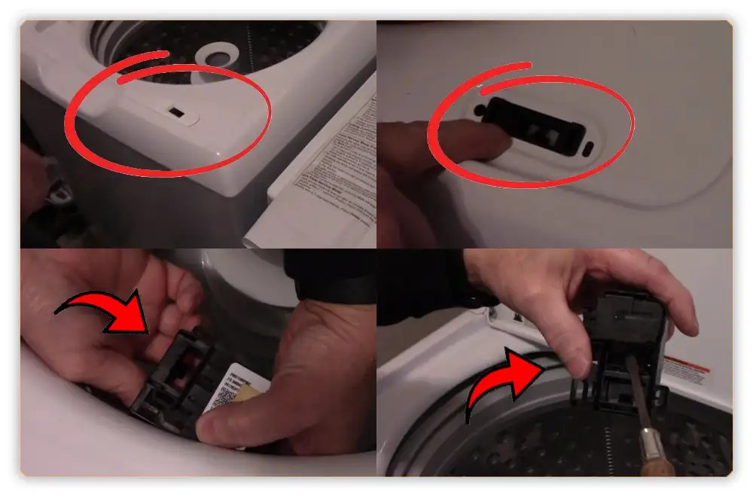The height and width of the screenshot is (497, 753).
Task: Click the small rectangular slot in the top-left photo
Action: pos(175,112)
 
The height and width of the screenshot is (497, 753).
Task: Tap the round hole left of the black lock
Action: pos(480,110)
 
